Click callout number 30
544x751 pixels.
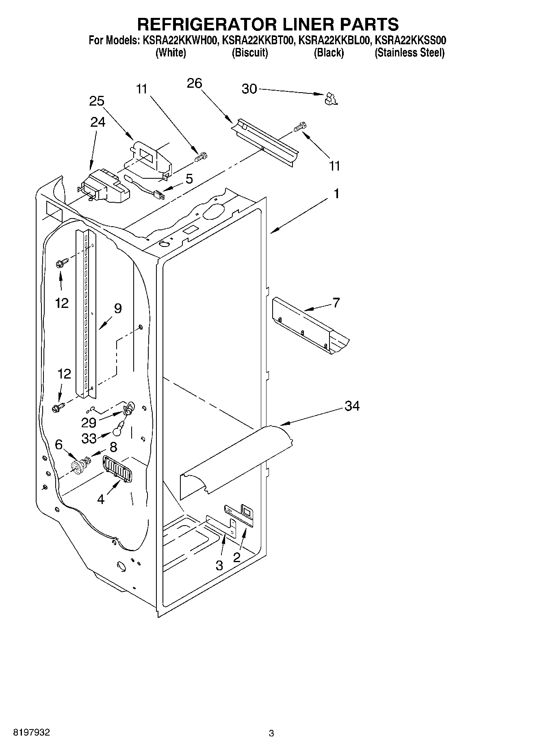tap(249, 89)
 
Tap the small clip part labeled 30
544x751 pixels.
tap(332, 99)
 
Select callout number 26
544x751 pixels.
tap(194, 83)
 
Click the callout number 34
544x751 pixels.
tap(352, 405)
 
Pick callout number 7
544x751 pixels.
tap(336, 303)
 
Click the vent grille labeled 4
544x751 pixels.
tap(117, 470)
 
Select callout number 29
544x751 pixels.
tap(89, 422)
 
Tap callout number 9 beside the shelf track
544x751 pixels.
tap(117, 309)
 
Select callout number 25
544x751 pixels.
tap(97, 101)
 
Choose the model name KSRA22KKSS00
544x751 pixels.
tap(410, 41)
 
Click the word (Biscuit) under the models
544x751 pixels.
tap(249, 53)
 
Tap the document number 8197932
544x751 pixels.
tap(32, 733)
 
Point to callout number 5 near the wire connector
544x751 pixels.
tap(189, 179)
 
